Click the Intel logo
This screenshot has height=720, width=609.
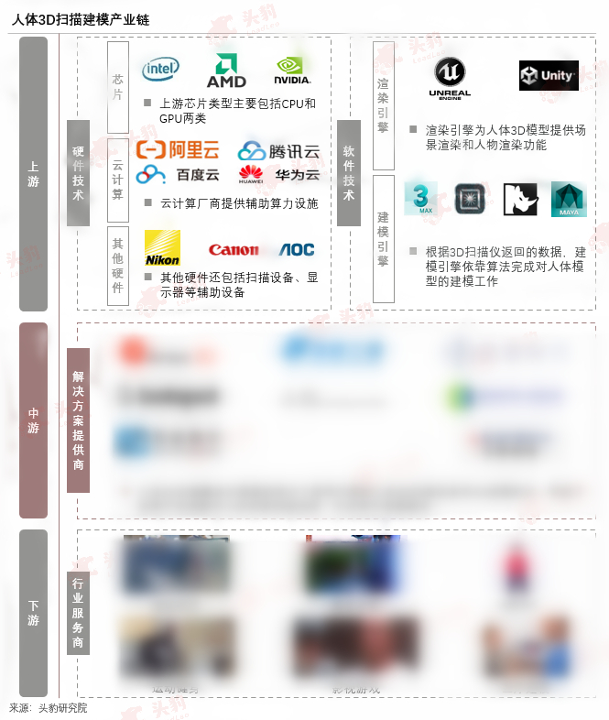160,68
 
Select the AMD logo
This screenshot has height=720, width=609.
226,71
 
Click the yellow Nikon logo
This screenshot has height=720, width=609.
162,248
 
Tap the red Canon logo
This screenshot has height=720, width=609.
234,250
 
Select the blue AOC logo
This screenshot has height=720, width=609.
297,250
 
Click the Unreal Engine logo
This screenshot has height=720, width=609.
450,78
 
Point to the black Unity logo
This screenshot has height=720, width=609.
549,75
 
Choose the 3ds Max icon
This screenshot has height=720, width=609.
421,199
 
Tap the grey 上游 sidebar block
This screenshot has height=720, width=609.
33,174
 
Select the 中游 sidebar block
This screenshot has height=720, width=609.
33,420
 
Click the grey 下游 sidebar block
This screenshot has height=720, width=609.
33,613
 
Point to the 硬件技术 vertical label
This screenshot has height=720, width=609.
78,173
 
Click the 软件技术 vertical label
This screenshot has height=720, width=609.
348,172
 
